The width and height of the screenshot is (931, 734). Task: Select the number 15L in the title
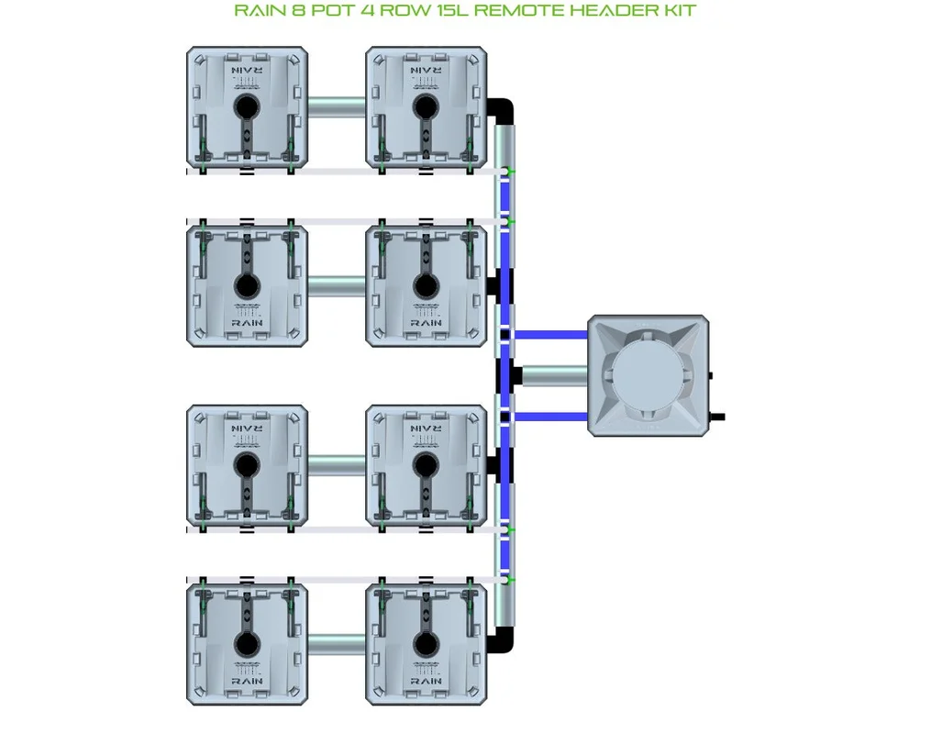tap(450, 10)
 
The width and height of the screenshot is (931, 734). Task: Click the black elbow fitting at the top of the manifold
tap(501, 111)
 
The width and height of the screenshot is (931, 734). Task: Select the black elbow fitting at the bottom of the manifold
tap(501, 640)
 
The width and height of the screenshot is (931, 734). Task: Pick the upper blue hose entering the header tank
tap(549, 335)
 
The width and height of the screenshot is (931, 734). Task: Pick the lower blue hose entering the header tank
tap(549, 417)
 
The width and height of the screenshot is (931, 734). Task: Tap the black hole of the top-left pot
tap(247, 107)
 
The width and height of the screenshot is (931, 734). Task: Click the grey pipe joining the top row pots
tap(337, 107)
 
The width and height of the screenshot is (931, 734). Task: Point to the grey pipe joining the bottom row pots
tap(337, 644)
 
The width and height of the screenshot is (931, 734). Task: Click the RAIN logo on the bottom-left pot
tap(247, 681)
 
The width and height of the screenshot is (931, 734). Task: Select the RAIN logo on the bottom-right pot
tap(426, 681)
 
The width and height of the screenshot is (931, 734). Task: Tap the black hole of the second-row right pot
tap(426, 286)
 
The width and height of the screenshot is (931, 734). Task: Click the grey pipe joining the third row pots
tap(337, 465)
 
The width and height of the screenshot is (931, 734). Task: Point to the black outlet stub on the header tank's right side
tap(717, 417)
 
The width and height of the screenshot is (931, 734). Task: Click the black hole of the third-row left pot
tap(247, 466)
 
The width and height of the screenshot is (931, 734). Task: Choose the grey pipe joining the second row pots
tap(337, 286)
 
